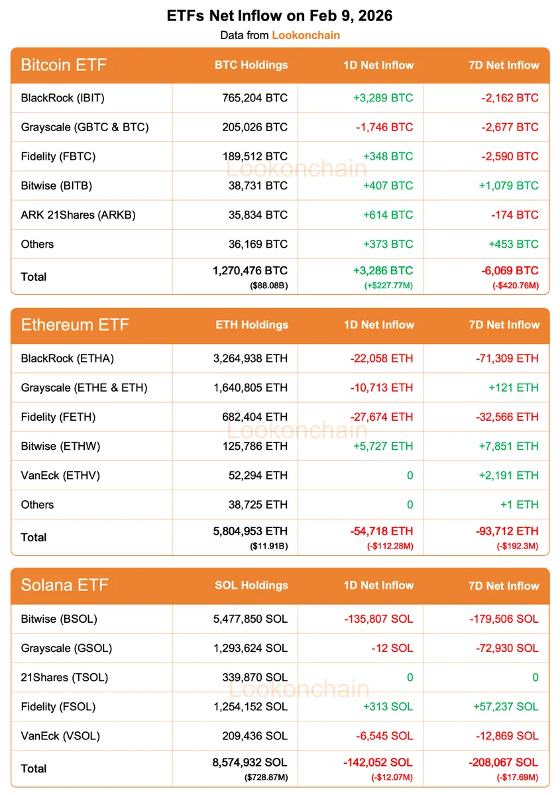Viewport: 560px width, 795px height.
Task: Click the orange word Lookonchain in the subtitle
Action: click(306, 34)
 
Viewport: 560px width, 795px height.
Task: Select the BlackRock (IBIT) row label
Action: click(63, 98)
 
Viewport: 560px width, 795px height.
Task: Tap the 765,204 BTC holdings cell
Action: click(255, 98)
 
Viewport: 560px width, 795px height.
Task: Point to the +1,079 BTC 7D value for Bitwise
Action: click(508, 185)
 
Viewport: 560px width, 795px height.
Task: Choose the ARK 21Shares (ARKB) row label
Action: click(78, 215)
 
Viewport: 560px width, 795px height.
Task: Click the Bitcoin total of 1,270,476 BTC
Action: click(250, 270)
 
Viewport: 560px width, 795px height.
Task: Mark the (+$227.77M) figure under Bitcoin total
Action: click(388, 286)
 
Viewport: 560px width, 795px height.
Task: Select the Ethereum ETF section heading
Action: click(75, 325)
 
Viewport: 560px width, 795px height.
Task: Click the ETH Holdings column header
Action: click(252, 325)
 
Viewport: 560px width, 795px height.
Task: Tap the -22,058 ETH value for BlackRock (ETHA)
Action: click(382, 358)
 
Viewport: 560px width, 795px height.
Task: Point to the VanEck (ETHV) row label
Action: click(60, 475)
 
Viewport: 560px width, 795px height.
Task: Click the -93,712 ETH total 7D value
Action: click(507, 531)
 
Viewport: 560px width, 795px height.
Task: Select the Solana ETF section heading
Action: click(64, 585)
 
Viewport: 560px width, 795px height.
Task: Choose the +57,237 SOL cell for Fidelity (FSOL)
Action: click(506, 706)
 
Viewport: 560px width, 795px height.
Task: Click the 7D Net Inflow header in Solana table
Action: click(504, 586)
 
